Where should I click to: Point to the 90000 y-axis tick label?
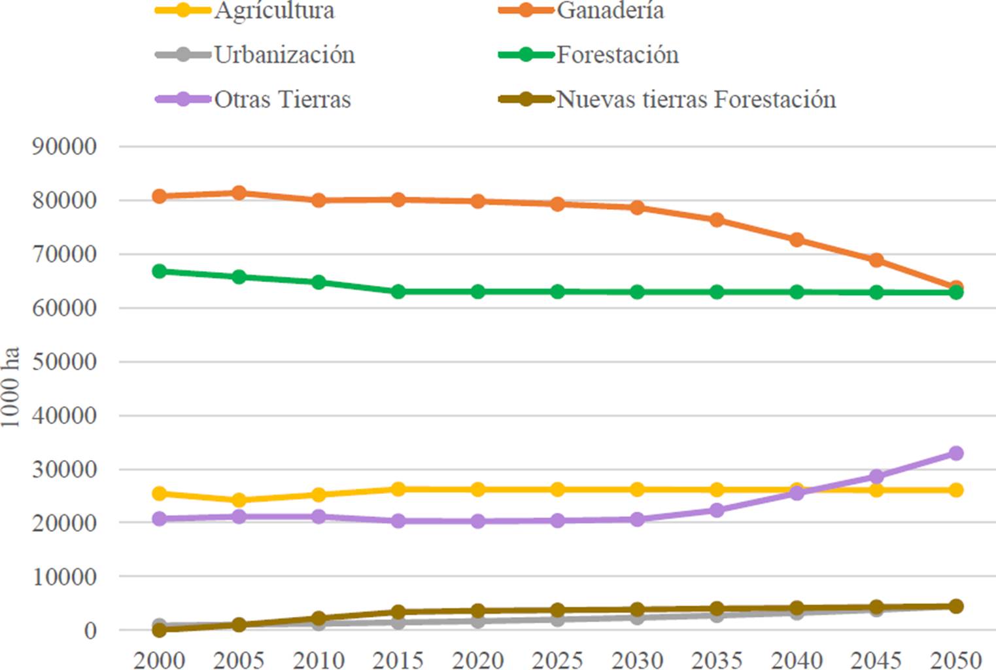click(65, 147)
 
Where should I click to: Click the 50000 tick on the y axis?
click(65, 362)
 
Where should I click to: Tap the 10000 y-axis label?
click(65, 577)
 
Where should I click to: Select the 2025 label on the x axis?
click(557, 660)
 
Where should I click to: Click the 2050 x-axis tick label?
click(955, 660)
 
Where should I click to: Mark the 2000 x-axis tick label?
click(159, 660)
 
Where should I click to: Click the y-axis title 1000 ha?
click(11, 387)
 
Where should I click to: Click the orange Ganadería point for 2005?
click(239, 193)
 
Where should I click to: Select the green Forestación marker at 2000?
click(159, 271)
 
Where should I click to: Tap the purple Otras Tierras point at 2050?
click(955, 453)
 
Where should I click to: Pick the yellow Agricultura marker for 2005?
click(239, 501)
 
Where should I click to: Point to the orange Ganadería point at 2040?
click(797, 240)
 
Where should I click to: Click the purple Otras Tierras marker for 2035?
click(717, 510)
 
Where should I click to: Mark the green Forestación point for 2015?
click(398, 292)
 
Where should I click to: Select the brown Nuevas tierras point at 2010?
click(318, 618)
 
